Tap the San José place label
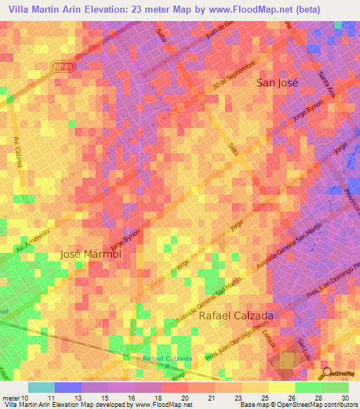[x=276, y=82]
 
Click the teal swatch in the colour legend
[x=41, y=387]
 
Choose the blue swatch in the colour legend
[x=67, y=387]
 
